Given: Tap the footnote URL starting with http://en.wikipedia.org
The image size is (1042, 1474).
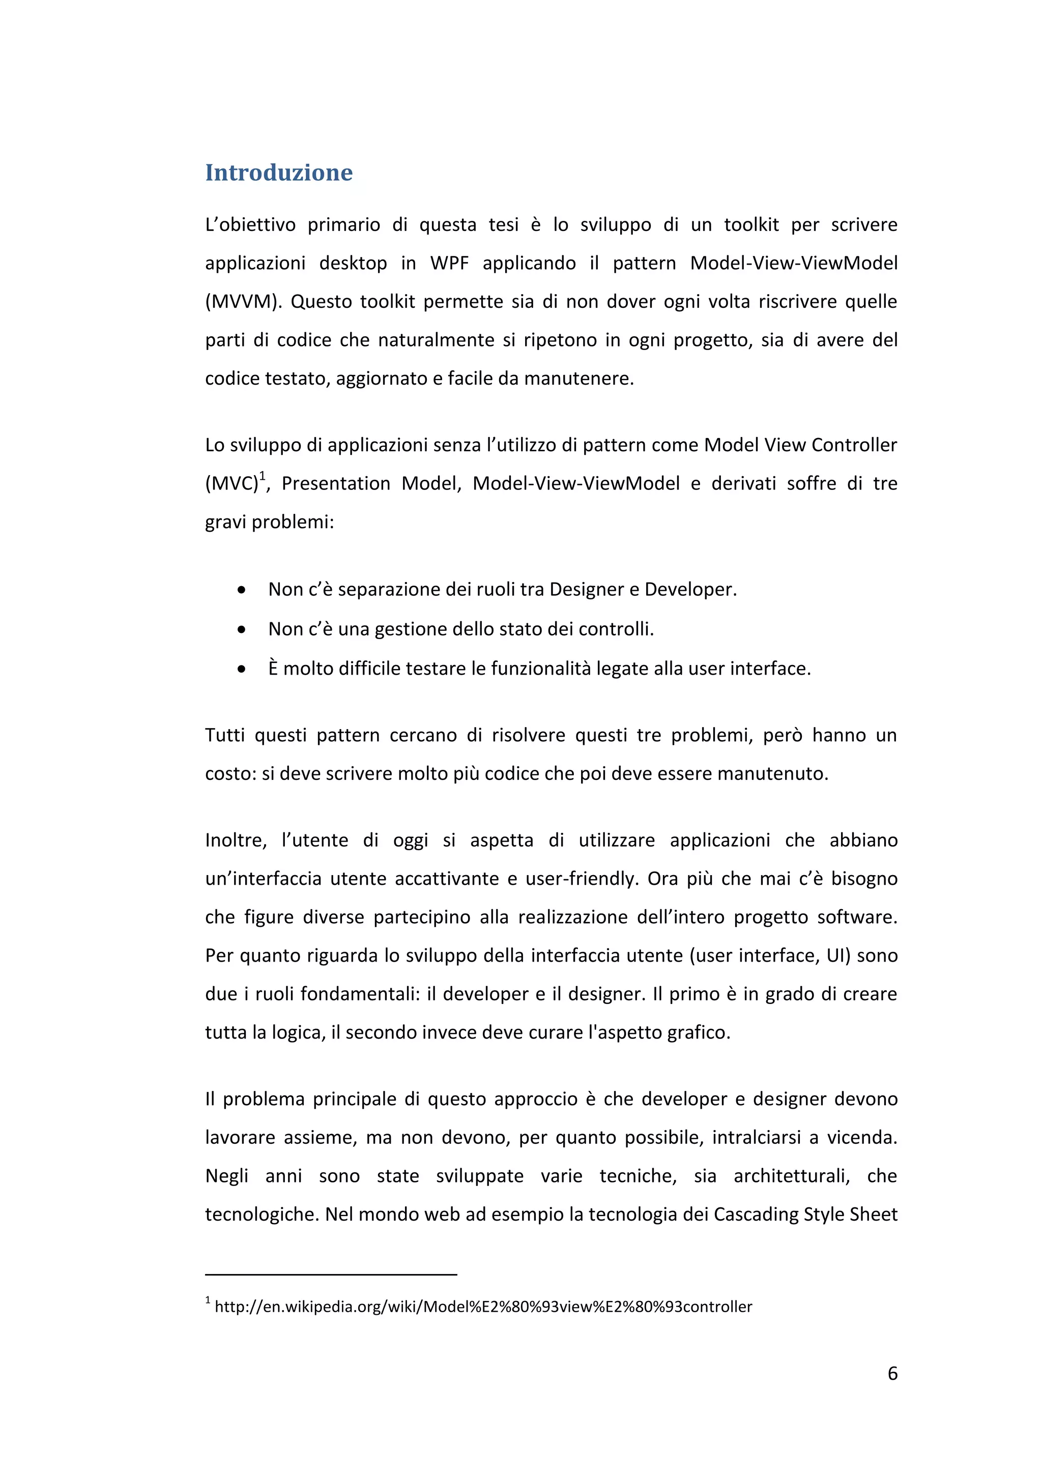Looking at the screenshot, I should pyautogui.click(x=483, y=1307).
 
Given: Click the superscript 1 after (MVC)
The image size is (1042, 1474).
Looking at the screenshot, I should pyautogui.click(x=262, y=476).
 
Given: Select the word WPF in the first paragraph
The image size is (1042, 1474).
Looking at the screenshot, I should pyautogui.click(x=449, y=263).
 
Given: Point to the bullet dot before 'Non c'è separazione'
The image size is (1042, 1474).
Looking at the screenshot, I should pyautogui.click(x=241, y=590).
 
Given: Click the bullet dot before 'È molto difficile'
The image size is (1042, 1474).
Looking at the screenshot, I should pyautogui.click(x=241, y=670).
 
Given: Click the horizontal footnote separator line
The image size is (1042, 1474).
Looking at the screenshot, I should pyautogui.click(x=331, y=1275).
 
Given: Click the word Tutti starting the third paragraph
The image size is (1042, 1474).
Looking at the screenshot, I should pyautogui.click(x=224, y=735).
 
